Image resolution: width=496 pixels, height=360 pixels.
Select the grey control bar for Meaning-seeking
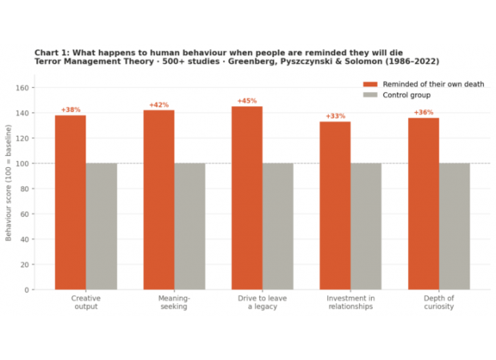[x=190, y=226]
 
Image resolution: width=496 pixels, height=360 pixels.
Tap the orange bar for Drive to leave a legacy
[x=246, y=198]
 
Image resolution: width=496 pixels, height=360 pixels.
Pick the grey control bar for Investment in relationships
[x=366, y=226]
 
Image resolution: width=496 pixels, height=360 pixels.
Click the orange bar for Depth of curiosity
[x=423, y=203]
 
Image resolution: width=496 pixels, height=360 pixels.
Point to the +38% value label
[x=70, y=110]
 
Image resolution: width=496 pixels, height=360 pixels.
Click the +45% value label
[x=246, y=101]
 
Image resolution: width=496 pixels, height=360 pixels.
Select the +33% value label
[x=335, y=116]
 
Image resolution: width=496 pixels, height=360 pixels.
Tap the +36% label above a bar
[x=423, y=112]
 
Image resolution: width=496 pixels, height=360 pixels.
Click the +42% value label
[x=158, y=105]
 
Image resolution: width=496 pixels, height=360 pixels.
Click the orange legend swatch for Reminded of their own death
[x=370, y=84]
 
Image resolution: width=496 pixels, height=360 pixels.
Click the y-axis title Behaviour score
[x=9, y=183]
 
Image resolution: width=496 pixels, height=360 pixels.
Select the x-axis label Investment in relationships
[x=350, y=302]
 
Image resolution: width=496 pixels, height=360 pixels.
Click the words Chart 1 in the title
[x=50, y=52]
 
